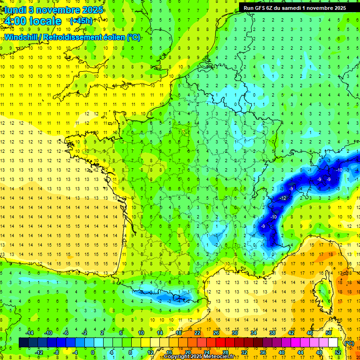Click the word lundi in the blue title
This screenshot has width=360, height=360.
click(x=15, y=9)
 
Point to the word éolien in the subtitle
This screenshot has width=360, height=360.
click(x=112, y=37)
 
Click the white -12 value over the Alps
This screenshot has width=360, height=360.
click(x=283, y=199)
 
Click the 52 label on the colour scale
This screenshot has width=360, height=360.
click(x=338, y=352)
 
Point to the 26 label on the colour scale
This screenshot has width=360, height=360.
click(x=216, y=333)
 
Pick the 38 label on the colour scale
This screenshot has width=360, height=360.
click(x=272, y=333)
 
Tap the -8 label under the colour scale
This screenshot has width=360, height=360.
click(x=57, y=352)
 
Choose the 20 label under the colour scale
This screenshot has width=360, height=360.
click(x=188, y=352)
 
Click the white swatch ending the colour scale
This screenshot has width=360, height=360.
click(x=333, y=342)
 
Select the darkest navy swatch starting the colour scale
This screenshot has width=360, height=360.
click(x=24, y=342)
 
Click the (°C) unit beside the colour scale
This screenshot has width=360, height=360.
click(x=349, y=343)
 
